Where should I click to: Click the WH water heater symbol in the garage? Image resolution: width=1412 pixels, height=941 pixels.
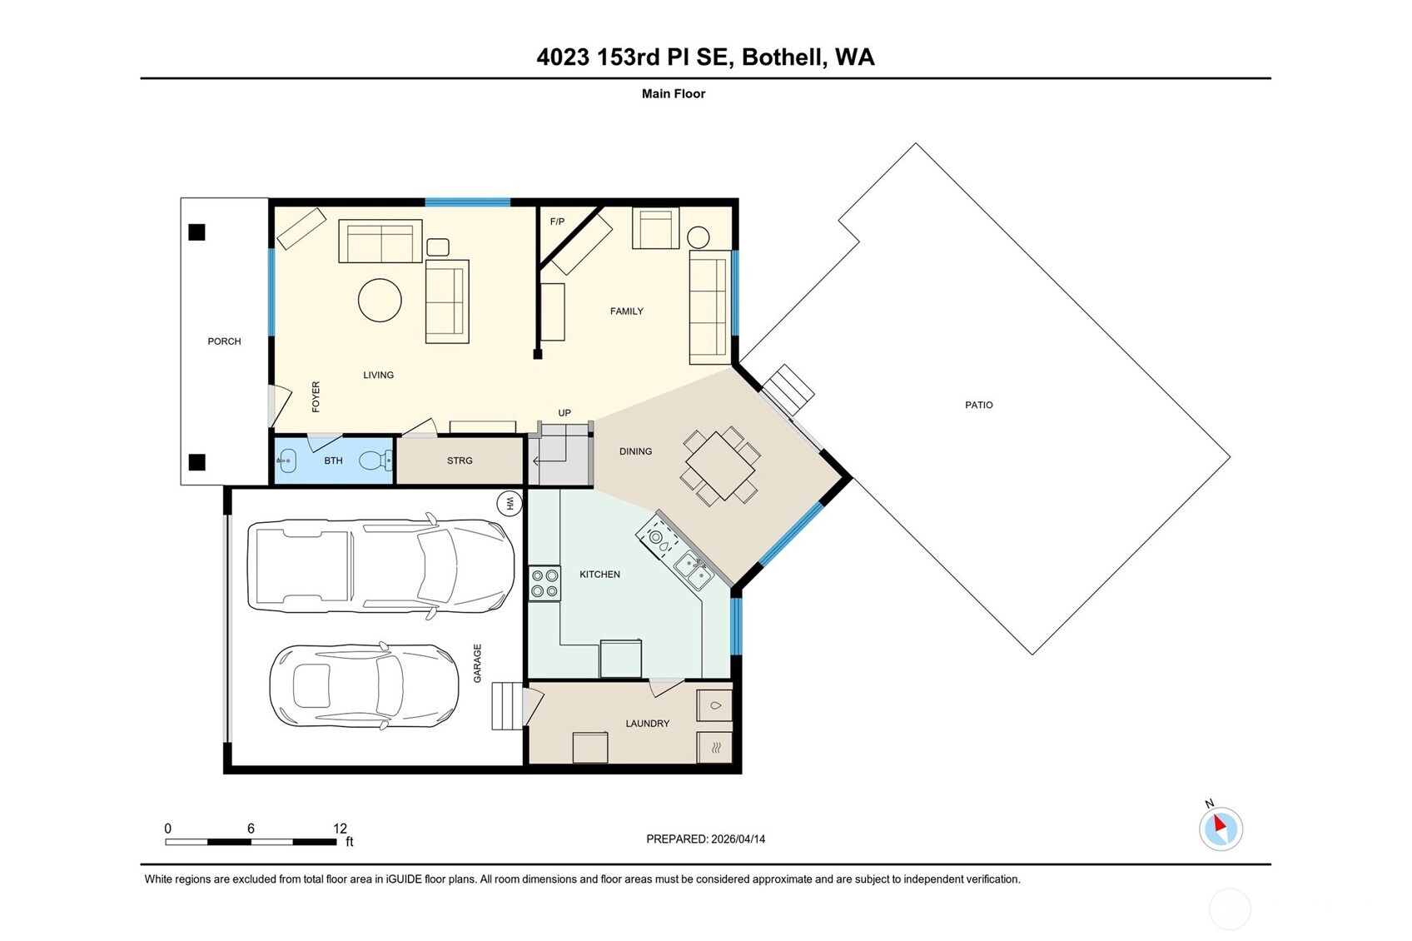[509, 503]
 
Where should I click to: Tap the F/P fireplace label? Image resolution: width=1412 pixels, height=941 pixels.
[557, 222]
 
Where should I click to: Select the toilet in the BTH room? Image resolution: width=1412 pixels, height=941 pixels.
[375, 460]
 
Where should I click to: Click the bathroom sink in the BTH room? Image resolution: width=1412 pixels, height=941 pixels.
[286, 460]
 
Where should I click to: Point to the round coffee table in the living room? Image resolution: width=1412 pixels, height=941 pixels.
[380, 300]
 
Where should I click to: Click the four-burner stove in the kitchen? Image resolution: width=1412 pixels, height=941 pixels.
[544, 583]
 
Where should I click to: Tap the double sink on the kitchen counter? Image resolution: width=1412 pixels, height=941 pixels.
[694, 570]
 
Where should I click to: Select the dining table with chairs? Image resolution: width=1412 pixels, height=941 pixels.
[720, 466]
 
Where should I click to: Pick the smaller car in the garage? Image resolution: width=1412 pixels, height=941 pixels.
[365, 685]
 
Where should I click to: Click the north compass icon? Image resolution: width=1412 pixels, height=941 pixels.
[1221, 829]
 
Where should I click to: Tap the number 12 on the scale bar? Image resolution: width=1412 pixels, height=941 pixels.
[340, 829]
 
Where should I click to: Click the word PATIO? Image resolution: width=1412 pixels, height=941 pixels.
[978, 405]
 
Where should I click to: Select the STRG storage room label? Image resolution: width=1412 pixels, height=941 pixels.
[460, 461]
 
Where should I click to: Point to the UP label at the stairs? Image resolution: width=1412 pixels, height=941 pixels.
[564, 413]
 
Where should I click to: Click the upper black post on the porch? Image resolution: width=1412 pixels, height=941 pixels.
[196, 232]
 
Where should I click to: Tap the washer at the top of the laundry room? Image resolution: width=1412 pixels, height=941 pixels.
[714, 705]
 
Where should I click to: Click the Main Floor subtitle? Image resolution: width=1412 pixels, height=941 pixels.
[673, 94]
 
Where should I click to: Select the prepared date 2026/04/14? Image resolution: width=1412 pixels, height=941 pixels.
[738, 839]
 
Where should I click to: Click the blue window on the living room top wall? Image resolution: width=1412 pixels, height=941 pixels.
[467, 202]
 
